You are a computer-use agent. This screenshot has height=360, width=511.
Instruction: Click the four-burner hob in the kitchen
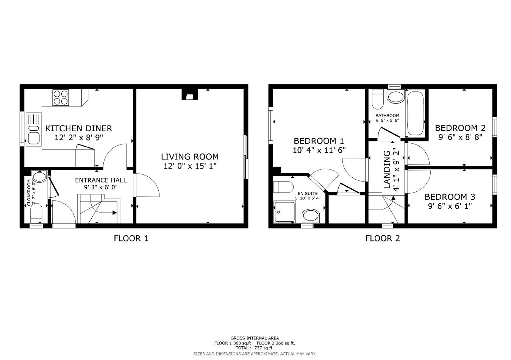point(61,97)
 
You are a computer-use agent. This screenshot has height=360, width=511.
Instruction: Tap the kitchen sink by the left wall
point(32,129)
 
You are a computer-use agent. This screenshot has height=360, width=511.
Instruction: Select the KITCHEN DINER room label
point(78,128)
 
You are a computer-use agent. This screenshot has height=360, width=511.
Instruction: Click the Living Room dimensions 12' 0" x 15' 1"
point(190,166)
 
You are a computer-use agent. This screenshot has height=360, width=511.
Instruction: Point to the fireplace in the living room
point(189,94)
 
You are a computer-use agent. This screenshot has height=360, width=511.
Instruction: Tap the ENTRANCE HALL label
point(101,180)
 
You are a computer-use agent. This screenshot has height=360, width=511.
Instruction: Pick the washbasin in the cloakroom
point(39,176)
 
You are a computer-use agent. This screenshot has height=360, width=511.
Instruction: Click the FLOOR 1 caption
point(131,238)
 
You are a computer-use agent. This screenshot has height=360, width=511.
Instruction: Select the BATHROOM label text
point(387,116)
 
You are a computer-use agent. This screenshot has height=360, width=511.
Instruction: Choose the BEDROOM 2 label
point(460,128)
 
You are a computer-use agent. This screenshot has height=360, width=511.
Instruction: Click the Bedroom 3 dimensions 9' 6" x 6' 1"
point(450,206)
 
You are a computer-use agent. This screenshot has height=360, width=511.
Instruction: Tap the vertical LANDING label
point(387,169)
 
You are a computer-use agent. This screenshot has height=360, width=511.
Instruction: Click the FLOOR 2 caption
point(382,238)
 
